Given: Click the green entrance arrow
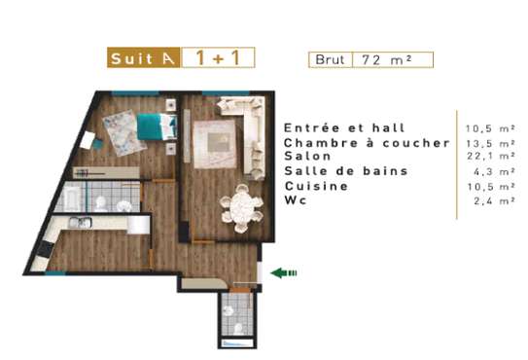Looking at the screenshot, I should [284, 273].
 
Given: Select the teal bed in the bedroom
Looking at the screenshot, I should [155, 126].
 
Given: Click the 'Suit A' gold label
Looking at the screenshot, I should [142, 57].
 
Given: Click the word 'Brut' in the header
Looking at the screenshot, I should [329, 58].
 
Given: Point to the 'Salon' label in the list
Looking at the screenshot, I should [309, 156].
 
